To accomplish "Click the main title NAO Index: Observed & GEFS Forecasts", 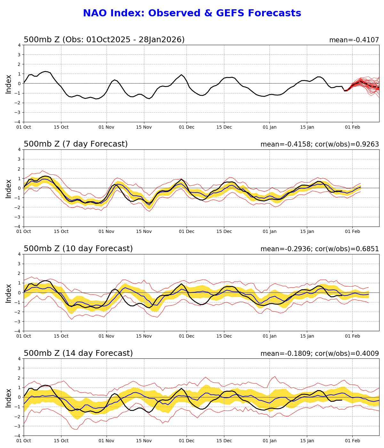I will coord(192,13).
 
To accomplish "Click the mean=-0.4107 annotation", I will coord(354,40).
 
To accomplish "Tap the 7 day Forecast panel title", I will coord(76,144).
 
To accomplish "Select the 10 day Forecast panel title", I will coord(78,249).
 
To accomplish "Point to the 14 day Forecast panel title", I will coord(78,354).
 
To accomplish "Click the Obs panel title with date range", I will coord(104,40).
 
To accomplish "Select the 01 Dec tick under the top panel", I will coord(187,127).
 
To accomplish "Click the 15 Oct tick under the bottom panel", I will coord(61,441).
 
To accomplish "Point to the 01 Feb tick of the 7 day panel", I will coord(353,231).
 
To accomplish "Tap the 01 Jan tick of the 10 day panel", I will coord(269,336).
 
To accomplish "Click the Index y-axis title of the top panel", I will coord(9,84).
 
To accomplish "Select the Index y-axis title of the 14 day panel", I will coord(9,397).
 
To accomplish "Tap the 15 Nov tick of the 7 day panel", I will coord(144,231).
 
